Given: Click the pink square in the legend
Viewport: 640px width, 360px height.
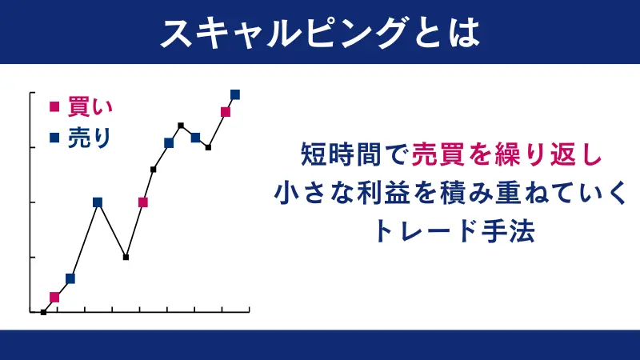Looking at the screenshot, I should click(x=54, y=106).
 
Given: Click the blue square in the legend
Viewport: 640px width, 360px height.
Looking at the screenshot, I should click(x=54, y=138).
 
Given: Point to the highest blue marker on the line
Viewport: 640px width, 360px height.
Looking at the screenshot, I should click(x=235, y=94).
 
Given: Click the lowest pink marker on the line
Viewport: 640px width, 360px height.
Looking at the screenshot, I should click(x=54, y=297).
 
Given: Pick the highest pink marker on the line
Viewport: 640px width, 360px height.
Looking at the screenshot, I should click(x=226, y=112).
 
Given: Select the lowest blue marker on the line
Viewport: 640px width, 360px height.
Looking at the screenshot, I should click(x=70, y=278).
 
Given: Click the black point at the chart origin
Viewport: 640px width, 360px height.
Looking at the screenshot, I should click(x=43, y=312).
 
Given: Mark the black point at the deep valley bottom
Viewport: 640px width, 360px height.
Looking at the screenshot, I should click(x=126, y=257).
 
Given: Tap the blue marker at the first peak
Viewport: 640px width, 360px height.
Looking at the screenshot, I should click(x=98, y=202).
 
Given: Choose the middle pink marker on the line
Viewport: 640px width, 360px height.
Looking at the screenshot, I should click(x=143, y=202).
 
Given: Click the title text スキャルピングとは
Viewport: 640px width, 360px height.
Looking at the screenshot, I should click(x=320, y=32).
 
